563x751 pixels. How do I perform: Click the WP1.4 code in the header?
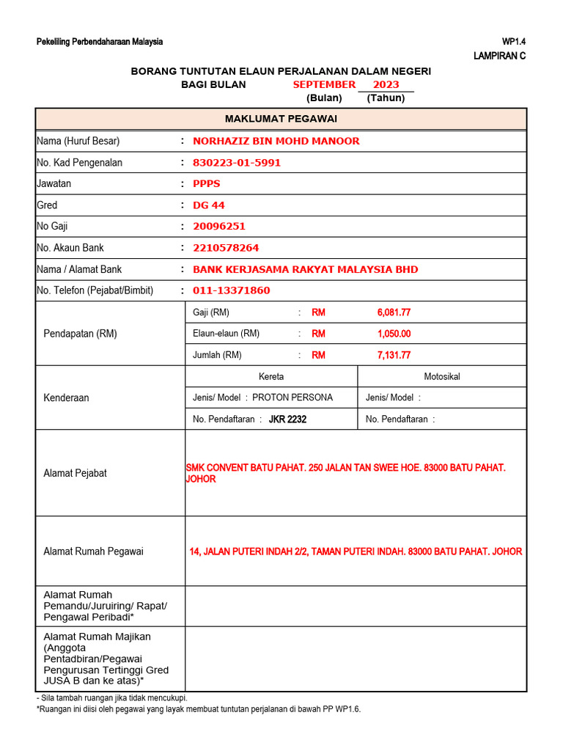(513, 42)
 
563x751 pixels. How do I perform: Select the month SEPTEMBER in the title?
(324, 84)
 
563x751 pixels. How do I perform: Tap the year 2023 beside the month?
(386, 84)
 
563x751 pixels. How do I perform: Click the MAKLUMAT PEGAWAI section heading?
(281, 119)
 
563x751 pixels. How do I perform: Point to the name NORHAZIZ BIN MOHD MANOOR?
(276, 141)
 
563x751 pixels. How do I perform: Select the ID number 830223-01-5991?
(236, 162)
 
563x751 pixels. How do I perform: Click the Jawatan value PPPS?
(206, 183)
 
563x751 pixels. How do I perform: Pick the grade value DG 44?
(208, 205)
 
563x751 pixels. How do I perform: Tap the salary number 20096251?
(218, 227)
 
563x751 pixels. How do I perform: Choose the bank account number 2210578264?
(225, 248)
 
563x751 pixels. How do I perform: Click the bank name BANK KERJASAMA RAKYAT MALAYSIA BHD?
(305, 269)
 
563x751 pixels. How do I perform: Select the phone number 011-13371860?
(231, 290)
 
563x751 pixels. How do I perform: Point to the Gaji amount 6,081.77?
(394, 312)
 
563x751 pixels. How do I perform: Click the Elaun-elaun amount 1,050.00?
(394, 334)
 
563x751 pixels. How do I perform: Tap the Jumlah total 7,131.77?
(394, 355)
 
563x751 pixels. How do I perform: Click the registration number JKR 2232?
(287, 420)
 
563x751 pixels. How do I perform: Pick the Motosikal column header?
(442, 376)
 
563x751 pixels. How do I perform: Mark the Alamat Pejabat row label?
(75, 473)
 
